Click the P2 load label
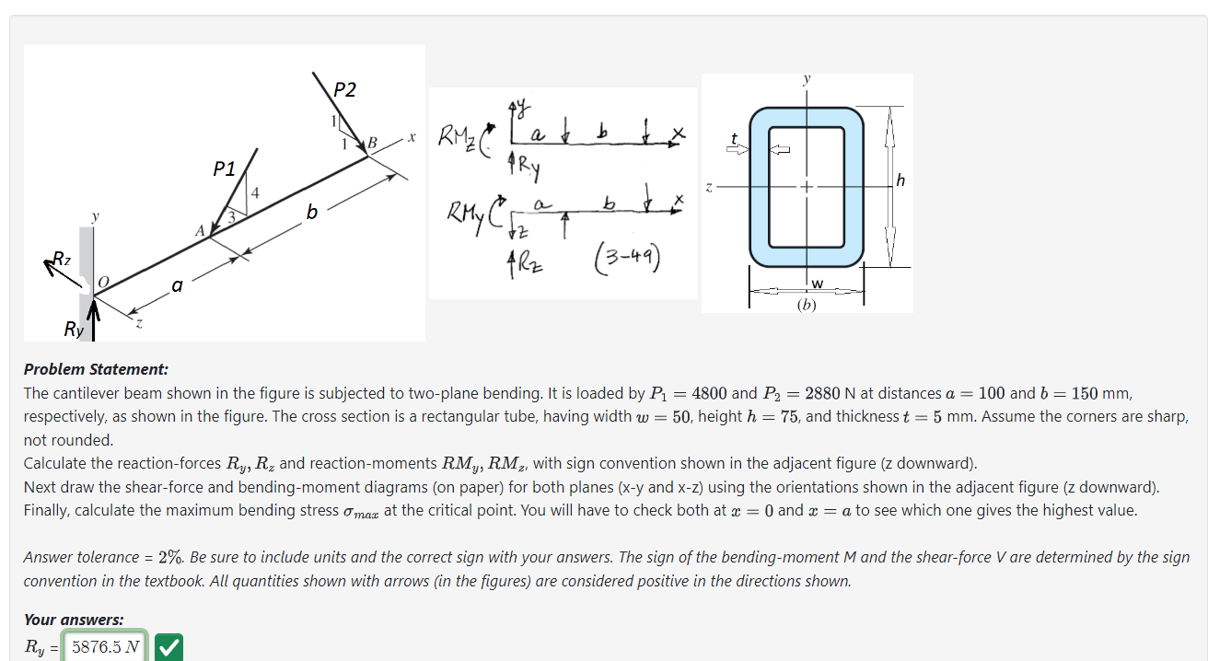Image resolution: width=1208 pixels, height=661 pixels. [x=344, y=89]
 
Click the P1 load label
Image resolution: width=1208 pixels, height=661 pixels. [x=224, y=168]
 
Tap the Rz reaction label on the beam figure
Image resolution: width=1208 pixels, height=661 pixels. [x=61, y=259]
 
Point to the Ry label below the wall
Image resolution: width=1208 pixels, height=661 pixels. [x=73, y=328]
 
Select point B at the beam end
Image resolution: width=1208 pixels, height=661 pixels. [x=372, y=143]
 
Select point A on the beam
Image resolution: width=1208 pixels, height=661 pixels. [x=199, y=231]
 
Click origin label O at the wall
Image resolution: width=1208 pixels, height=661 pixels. [x=103, y=280]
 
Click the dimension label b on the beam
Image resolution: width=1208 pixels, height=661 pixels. [x=311, y=214]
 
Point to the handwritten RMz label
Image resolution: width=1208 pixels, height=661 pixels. [x=458, y=138]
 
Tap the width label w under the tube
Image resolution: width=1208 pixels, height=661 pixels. [x=816, y=282]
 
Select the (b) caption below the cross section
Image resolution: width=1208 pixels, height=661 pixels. [x=807, y=303]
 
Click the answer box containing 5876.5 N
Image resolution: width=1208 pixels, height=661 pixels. [x=106, y=647]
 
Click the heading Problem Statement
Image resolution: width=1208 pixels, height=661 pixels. [x=96, y=369]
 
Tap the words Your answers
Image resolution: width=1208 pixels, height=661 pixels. [x=74, y=620]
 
